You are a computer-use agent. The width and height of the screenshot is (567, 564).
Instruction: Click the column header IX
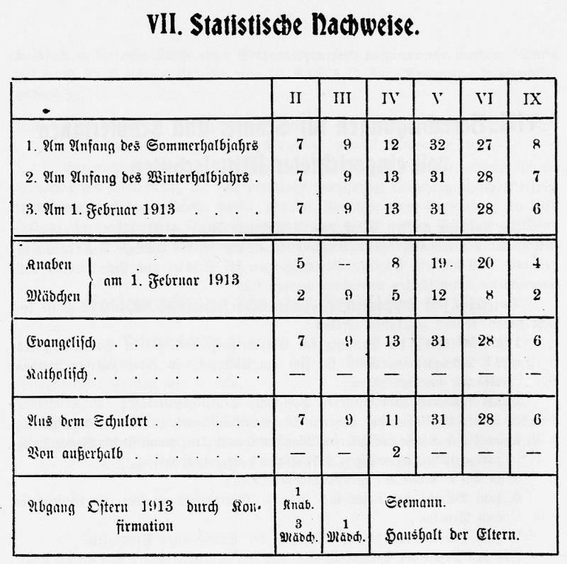[532, 99]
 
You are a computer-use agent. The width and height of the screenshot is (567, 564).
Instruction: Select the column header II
[296, 99]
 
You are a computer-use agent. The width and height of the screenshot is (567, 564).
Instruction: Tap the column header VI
[485, 99]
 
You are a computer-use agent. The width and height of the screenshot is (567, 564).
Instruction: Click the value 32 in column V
[438, 146]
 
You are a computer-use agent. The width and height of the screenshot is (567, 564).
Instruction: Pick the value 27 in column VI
[485, 146]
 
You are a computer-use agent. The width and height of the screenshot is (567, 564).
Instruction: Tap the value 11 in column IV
[391, 420]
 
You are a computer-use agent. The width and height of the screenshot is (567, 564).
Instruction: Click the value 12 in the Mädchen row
[438, 295]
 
